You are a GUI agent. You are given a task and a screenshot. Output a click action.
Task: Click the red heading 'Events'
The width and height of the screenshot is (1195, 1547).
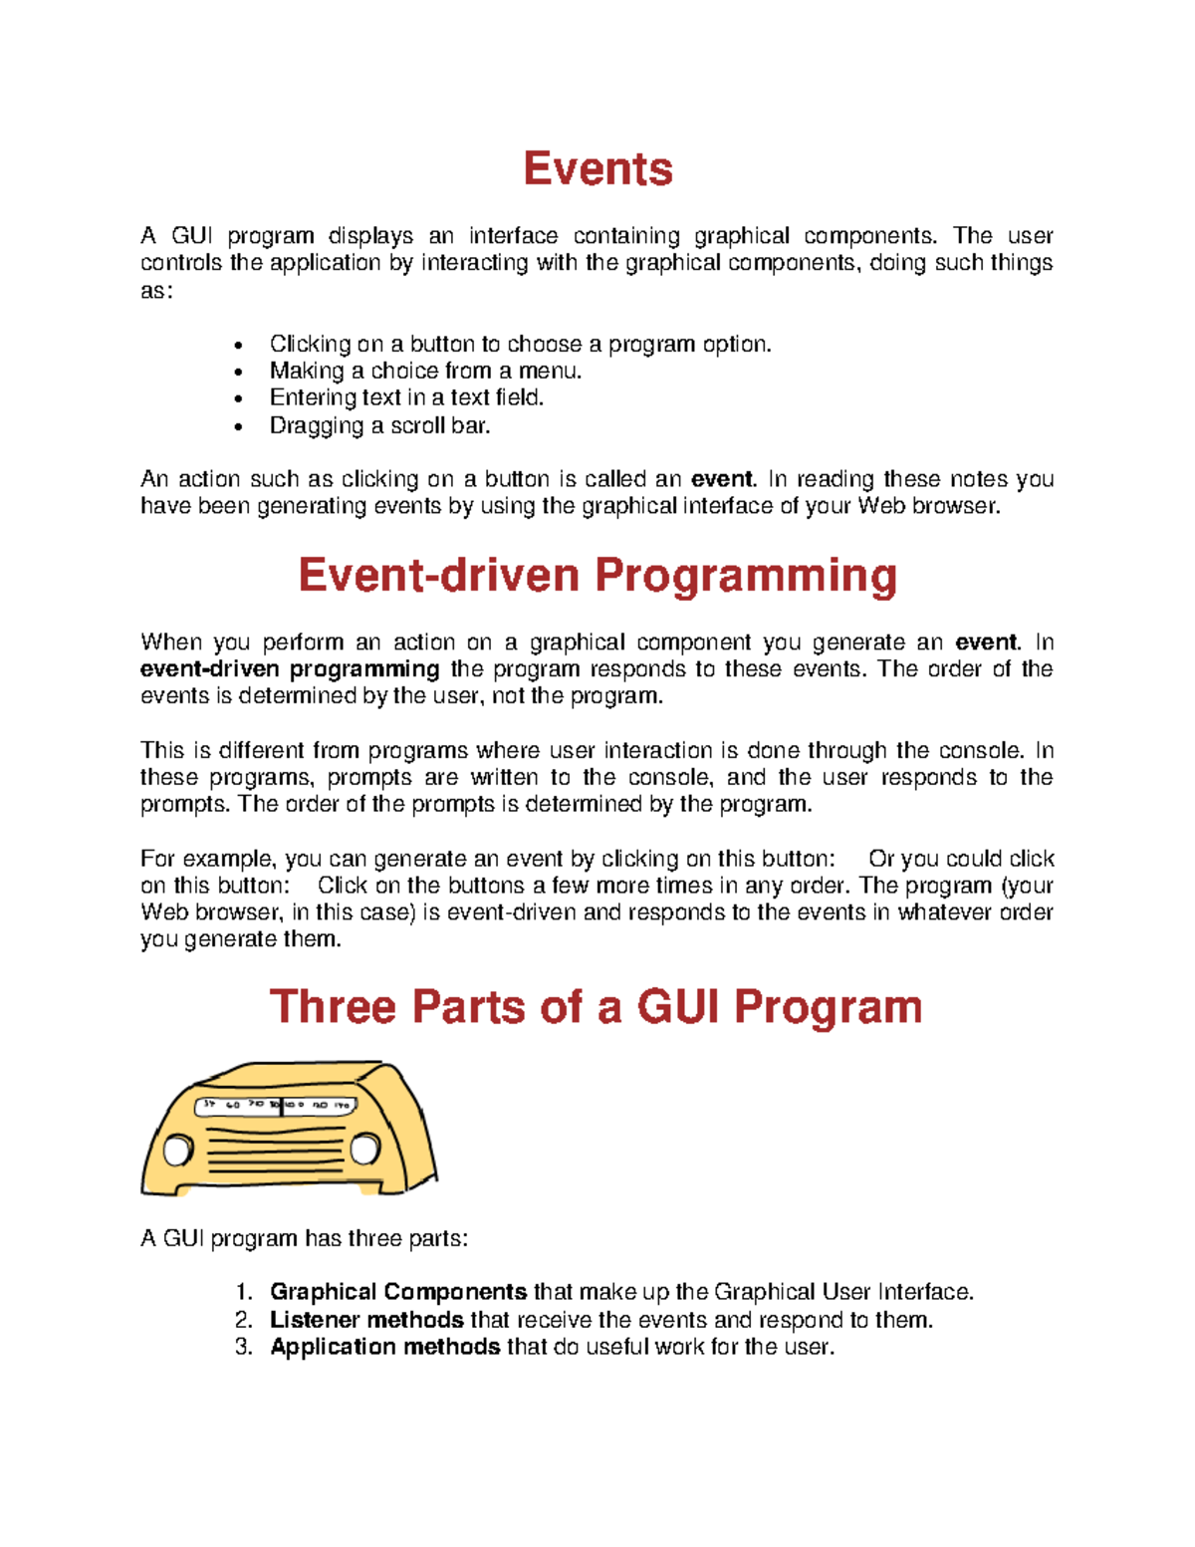597,168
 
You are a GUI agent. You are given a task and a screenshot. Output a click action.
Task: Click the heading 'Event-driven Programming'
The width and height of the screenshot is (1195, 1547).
597,576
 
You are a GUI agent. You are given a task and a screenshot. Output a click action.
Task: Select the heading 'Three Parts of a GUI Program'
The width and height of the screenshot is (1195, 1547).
596,1006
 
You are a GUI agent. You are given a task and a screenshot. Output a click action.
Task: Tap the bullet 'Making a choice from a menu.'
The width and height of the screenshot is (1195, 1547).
425,371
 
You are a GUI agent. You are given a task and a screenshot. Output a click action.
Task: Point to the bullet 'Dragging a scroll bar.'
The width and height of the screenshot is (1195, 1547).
380,425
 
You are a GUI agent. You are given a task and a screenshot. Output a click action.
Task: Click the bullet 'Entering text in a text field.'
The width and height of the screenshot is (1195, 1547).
406,397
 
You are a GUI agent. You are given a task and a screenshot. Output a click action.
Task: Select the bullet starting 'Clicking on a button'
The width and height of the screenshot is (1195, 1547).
520,344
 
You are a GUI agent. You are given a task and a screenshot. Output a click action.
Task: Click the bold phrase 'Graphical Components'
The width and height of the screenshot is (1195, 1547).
398,1292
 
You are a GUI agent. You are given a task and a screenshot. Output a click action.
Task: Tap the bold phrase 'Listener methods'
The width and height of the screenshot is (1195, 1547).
366,1320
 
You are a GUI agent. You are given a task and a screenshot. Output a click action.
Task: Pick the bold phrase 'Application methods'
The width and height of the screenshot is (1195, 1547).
384,1347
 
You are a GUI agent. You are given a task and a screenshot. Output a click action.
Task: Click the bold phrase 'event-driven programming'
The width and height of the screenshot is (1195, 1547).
290,669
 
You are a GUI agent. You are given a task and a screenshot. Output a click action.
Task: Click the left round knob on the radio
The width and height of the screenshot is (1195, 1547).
177,1151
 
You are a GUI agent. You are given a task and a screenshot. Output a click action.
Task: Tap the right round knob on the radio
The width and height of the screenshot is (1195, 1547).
364,1149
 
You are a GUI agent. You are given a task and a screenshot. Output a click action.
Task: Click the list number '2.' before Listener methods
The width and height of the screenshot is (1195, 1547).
245,1320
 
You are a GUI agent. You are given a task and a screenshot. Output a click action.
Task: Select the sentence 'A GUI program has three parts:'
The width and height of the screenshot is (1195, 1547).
304,1238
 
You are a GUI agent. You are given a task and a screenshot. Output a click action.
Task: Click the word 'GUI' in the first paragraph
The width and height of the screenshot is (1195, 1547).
192,236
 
